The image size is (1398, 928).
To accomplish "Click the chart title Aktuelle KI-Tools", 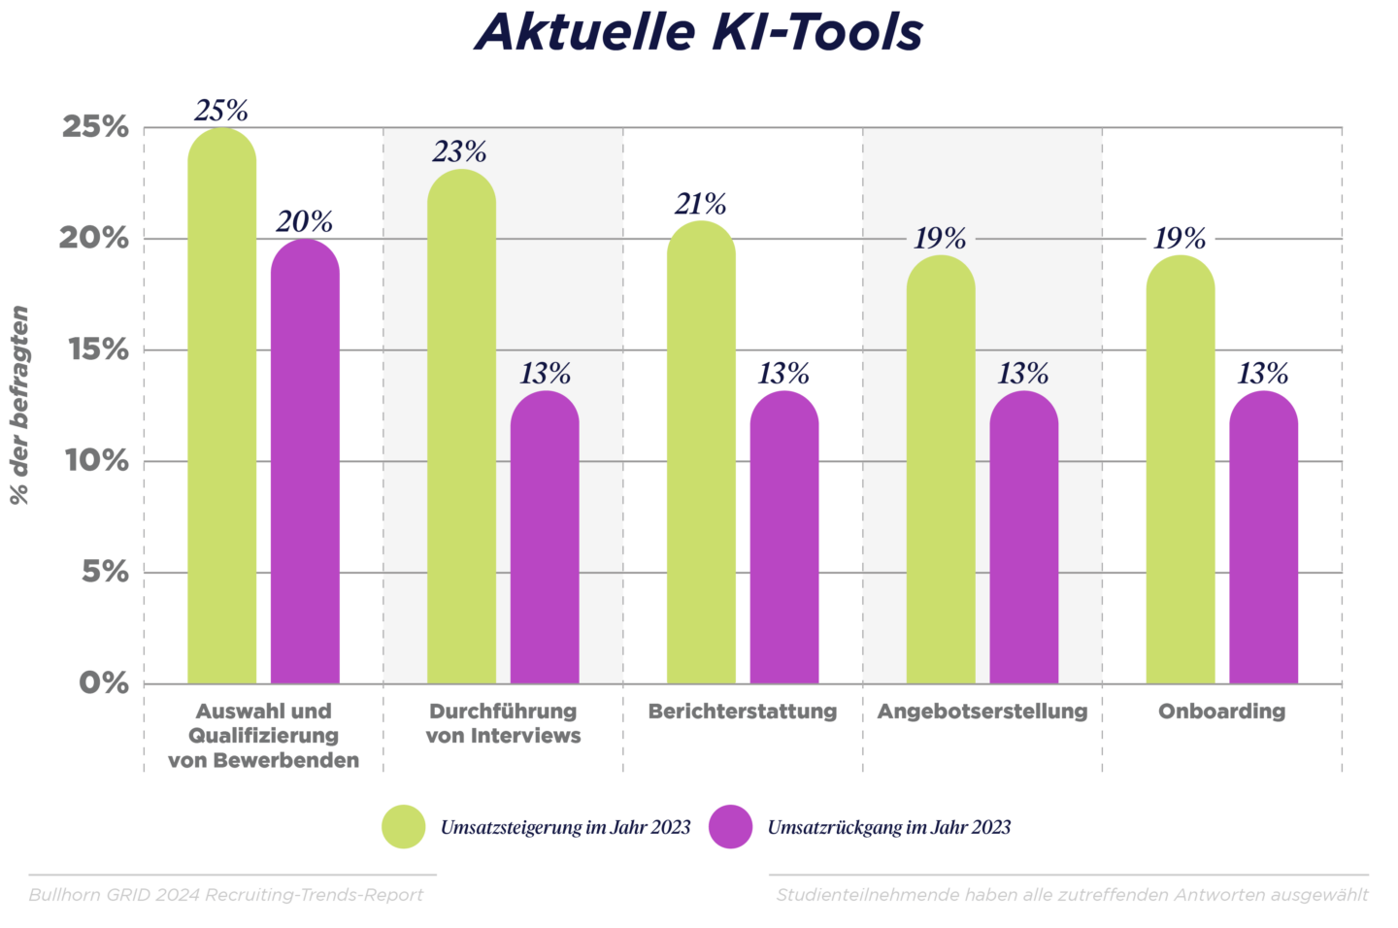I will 698,31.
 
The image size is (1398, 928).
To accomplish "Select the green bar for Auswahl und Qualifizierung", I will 221,408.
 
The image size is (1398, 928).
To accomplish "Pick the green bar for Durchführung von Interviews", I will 461,427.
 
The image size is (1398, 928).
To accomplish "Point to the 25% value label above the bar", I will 221,111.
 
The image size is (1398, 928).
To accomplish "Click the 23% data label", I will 460,152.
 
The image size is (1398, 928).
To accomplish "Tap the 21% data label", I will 700,204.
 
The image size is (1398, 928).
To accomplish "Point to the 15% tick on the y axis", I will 98,349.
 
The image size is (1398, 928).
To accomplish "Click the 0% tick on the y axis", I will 104,683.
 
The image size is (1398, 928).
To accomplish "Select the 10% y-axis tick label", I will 97,461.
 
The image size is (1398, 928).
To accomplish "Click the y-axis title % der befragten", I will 19,405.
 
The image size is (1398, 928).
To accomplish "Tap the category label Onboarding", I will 1221,712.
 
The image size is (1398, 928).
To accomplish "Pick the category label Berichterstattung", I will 743,712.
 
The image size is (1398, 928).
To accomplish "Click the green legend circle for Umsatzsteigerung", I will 404,827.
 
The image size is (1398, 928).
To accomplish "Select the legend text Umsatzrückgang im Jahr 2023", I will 888,828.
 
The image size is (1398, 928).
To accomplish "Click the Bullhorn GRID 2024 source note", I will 226,895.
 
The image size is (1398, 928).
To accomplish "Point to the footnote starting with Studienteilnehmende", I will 1072,895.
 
